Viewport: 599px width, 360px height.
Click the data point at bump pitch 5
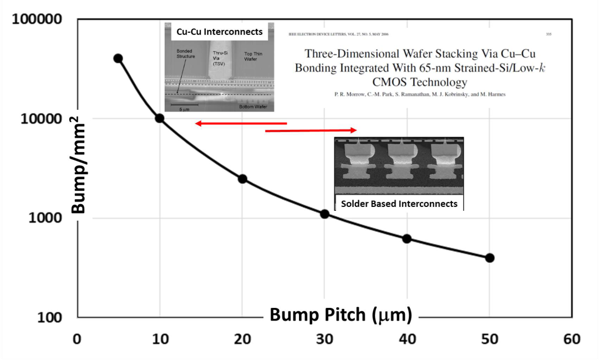tap(118, 58)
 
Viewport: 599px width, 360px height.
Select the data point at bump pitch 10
tap(159, 118)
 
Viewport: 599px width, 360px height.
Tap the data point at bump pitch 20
tap(242, 179)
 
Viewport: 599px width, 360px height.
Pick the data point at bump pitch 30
tap(325, 214)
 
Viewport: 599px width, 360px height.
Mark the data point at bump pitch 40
tap(407, 239)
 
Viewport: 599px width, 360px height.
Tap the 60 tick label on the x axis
tap(572, 339)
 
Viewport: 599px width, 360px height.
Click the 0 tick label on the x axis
tap(78, 339)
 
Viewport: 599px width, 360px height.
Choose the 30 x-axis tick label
tap(325, 339)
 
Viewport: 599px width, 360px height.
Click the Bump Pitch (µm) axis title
tap(341, 315)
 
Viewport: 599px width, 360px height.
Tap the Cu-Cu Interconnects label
tap(219, 32)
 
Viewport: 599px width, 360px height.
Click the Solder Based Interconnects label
tap(399, 204)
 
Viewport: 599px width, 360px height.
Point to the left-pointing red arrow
tap(241, 123)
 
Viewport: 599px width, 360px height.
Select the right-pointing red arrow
tap(311, 130)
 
